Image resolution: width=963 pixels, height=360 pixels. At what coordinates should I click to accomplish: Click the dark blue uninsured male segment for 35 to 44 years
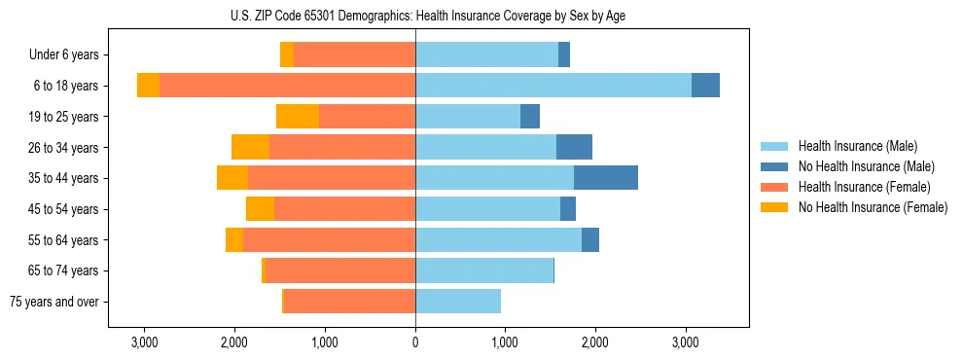(605, 178)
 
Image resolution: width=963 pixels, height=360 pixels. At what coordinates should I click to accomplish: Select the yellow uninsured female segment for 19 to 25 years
(298, 117)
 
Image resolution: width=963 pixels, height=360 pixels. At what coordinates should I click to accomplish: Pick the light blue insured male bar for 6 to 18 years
(553, 86)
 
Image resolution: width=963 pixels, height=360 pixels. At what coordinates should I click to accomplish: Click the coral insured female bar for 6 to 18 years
(287, 86)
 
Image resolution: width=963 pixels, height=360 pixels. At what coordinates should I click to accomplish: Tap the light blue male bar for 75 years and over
(458, 302)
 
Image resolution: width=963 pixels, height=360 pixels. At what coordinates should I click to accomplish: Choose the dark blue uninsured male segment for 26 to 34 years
(574, 147)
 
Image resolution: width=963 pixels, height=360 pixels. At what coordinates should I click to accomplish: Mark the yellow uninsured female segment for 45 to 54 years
(260, 209)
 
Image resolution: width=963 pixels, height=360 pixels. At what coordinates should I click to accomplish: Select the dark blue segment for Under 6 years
(564, 55)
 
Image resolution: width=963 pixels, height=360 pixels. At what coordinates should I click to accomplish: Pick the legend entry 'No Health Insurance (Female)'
(873, 207)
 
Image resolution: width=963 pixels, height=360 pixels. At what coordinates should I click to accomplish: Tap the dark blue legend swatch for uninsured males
(774, 166)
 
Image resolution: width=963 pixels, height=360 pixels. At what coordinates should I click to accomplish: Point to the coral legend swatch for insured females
(774, 187)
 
